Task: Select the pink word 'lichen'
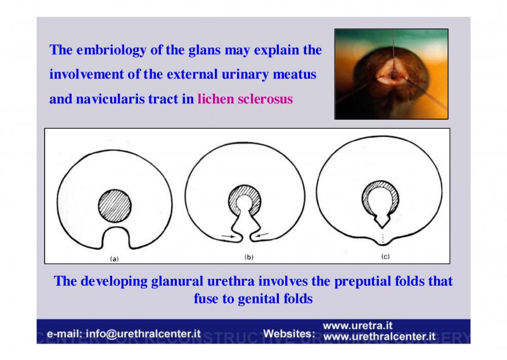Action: click(x=215, y=99)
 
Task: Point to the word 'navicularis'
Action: click(x=110, y=99)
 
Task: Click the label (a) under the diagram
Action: click(x=115, y=259)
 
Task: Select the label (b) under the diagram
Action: click(x=248, y=257)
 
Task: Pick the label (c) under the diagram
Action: click(x=385, y=257)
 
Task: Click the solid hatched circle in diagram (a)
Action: click(x=115, y=206)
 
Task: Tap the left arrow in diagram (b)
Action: click(x=228, y=236)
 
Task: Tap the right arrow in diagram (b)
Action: click(x=262, y=235)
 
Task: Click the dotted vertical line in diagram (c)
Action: click(x=383, y=238)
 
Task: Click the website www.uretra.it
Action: click(x=357, y=325)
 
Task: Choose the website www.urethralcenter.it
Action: click(x=379, y=337)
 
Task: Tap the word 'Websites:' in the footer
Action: click(x=289, y=334)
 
